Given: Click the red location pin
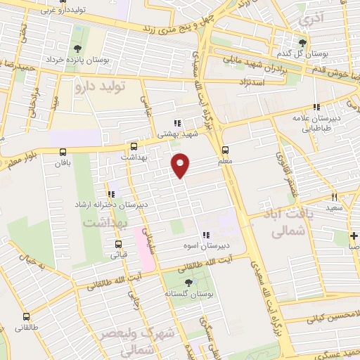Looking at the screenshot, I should [181, 165].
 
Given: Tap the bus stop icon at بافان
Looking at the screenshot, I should [63, 152].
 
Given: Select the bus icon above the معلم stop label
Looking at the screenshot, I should [226, 150].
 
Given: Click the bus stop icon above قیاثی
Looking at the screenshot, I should [117, 245].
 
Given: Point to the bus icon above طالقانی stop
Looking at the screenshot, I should [26, 317].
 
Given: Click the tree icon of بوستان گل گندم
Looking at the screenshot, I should [303, 44].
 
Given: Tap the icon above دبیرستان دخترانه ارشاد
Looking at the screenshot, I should [110, 193].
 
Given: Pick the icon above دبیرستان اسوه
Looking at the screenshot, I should [205, 235].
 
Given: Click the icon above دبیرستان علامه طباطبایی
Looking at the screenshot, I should [317, 107].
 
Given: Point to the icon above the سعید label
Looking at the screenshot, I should [335, 198].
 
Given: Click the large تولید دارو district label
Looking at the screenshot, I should [99, 86].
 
